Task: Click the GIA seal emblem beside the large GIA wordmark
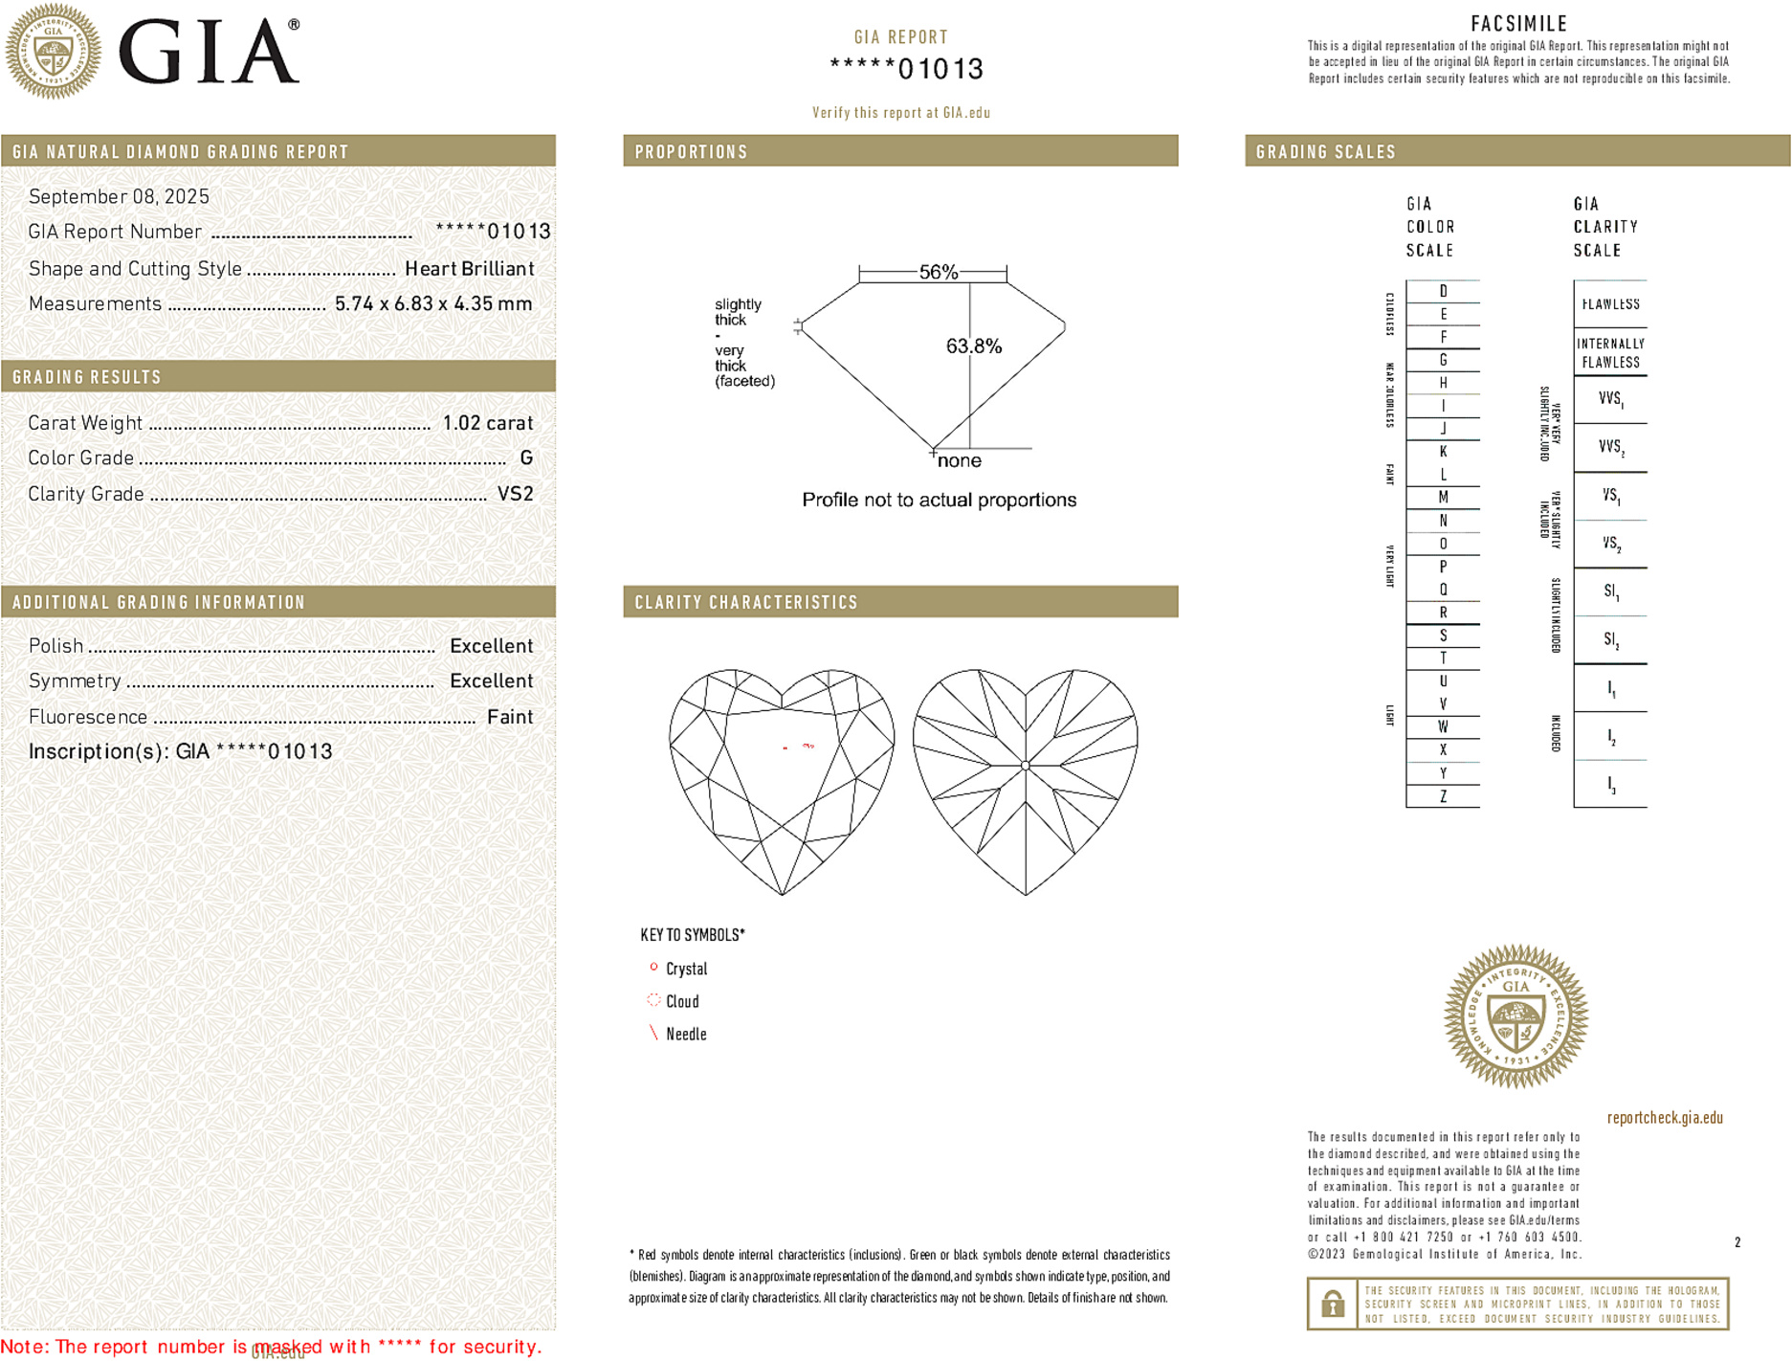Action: point(53,51)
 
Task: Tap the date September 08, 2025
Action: point(119,196)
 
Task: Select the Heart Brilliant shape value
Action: point(469,269)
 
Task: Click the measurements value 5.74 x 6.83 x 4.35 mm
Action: point(432,304)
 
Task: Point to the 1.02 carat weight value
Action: point(487,423)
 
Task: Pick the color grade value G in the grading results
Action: point(525,458)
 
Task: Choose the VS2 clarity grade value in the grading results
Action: point(515,494)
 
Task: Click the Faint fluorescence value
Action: point(509,717)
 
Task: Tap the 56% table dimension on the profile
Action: point(938,272)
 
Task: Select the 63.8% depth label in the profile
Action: point(973,346)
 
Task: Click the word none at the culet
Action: point(959,461)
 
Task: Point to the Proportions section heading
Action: point(691,152)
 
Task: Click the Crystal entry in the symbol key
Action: point(686,969)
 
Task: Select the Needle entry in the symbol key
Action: point(686,1034)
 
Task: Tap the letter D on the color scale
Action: point(1443,291)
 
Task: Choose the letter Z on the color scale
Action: point(1443,796)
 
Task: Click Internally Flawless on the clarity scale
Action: point(1610,353)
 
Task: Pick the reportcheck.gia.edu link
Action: point(1664,1118)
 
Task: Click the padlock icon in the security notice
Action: point(1332,1304)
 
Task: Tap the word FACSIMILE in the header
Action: point(1518,24)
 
